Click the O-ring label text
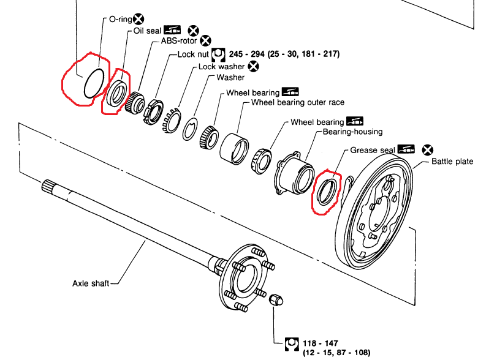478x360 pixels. pos(120,19)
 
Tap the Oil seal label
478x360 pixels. pos(147,31)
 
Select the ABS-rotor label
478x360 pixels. pos(179,40)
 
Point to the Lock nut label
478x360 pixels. pos(193,54)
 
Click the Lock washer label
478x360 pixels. pos(222,66)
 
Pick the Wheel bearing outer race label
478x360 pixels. pos(298,102)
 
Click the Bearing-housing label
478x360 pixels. pos(353,132)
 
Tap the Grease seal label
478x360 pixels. pos(373,150)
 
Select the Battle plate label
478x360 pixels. pos(452,162)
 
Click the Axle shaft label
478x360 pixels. pos(91,283)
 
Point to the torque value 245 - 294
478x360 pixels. pos(246,54)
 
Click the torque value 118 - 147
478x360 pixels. pos(321,343)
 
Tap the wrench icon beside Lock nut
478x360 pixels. pos(218,54)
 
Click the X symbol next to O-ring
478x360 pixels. pos(138,19)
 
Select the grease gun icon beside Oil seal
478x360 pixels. pos(172,30)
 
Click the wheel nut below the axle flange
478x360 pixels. pos(276,300)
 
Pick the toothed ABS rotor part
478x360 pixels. pos(134,103)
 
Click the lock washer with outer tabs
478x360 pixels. pos(172,121)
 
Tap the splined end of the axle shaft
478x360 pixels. pos(47,186)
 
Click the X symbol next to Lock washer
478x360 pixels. pos(253,66)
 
